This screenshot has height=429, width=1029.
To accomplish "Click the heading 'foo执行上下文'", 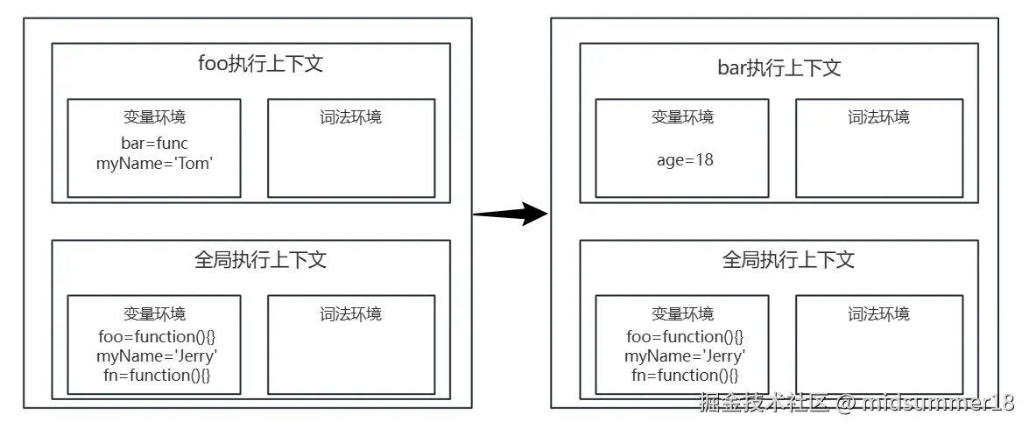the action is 260,64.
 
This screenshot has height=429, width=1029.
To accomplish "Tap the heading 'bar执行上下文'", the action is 779,67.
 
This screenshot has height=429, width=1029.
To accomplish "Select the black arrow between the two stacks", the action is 510,214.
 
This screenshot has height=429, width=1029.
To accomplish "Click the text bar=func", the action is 155,143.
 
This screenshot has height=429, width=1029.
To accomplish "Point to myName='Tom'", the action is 155,164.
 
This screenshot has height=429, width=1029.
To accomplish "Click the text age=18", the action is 685,159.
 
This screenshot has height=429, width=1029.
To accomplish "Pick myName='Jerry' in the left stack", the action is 157,356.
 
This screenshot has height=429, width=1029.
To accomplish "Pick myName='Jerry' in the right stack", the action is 685,356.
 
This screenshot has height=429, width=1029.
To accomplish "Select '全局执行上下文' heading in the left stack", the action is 260,260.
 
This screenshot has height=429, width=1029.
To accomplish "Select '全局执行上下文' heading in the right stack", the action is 788,260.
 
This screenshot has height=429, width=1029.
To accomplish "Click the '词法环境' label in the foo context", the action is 351,117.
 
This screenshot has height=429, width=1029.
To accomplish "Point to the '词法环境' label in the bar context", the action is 878,117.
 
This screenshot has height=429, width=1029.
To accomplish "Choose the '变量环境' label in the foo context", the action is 155,117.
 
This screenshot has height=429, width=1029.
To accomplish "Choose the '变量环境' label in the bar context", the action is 682,117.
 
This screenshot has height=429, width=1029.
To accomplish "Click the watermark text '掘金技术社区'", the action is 765,402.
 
